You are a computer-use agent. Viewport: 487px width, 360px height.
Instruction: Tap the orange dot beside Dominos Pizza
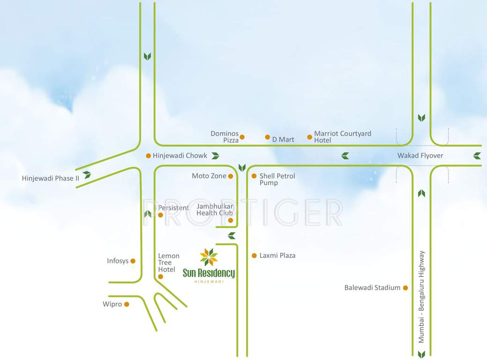[x=242, y=137]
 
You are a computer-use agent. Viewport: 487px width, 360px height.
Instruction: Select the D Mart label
[x=283, y=139]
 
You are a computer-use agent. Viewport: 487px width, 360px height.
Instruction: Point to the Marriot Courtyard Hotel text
[x=342, y=137]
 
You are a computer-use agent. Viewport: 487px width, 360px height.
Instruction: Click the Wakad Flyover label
[x=420, y=156]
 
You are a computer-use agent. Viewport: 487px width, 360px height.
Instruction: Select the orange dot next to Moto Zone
[x=231, y=176]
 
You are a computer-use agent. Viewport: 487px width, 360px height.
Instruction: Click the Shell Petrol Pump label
[x=277, y=179]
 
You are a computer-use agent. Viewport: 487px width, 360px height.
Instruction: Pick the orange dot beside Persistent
[x=160, y=215]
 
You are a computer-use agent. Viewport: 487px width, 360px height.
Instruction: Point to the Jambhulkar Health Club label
[x=215, y=210]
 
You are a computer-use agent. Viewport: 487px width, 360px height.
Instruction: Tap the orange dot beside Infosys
[x=133, y=261]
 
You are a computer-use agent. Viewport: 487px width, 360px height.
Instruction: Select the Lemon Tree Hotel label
[x=168, y=262]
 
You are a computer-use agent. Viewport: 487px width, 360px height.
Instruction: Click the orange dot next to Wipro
[x=127, y=304]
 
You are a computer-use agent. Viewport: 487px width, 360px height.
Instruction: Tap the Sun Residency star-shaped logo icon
[x=209, y=256]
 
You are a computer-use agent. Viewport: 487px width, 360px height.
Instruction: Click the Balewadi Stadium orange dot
[x=405, y=288]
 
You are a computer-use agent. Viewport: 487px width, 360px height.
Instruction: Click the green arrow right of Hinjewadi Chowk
[x=215, y=156]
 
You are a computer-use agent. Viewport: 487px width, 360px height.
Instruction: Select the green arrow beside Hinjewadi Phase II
[x=87, y=175]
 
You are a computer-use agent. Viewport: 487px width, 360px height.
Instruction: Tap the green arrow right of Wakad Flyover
[x=477, y=156]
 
